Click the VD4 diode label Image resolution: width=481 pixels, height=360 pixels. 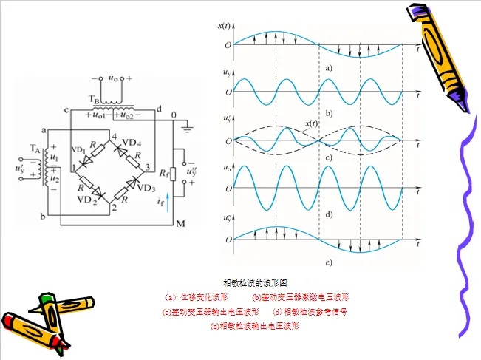point(132,142)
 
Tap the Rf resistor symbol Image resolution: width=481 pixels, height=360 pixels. point(171,174)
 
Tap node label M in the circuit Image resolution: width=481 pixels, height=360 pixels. point(179,224)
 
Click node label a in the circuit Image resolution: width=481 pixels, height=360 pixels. point(44,129)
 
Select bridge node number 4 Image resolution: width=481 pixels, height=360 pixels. point(113,134)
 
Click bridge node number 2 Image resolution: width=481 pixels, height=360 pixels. point(113,208)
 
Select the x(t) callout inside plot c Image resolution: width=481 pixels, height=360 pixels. point(313,123)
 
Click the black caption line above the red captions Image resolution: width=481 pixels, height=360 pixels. point(255,283)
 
